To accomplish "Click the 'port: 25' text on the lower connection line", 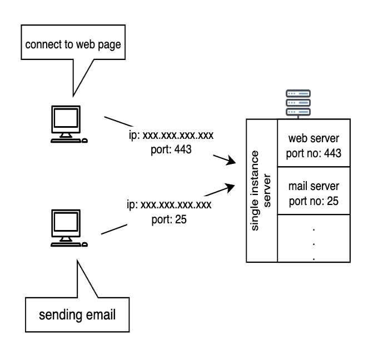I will tap(169, 219).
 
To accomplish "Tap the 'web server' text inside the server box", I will tap(313, 137).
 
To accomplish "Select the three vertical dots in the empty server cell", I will tap(314, 243).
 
